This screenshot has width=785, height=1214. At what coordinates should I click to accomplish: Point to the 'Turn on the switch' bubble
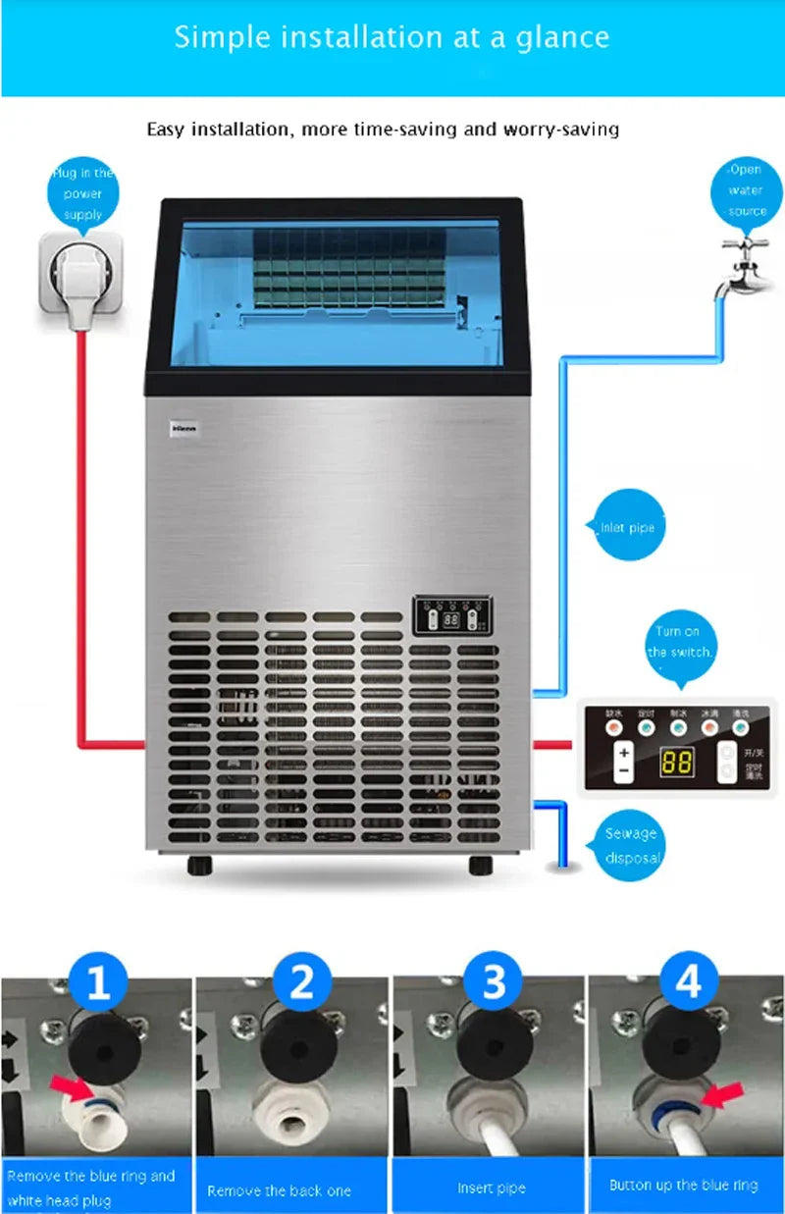(679, 641)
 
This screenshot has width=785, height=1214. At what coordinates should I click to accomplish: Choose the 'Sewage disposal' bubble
(630, 845)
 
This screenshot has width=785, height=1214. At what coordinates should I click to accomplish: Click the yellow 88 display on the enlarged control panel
(676, 763)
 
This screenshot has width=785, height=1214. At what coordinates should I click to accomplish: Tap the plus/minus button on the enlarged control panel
(623, 763)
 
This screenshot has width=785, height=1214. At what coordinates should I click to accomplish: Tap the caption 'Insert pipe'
(491, 1188)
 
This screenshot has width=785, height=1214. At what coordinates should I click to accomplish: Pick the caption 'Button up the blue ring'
(684, 1185)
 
